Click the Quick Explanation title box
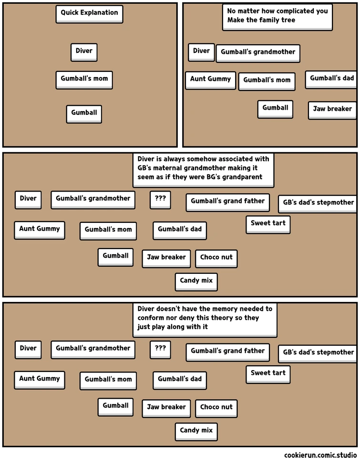89,14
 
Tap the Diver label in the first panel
84,51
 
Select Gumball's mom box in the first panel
84,79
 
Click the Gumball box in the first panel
84,113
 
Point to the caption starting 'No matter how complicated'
277,17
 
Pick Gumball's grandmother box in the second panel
258,52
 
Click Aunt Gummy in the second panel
210,80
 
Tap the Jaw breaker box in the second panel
332,110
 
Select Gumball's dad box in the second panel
331,79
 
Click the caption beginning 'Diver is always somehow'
203,169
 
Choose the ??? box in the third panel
160,199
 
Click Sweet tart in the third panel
268,223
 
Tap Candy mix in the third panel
196,281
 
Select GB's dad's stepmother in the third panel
318,203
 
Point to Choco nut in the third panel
216,258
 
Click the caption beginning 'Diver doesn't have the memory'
205,319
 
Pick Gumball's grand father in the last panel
227,352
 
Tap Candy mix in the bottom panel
196,431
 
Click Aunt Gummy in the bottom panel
40,379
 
